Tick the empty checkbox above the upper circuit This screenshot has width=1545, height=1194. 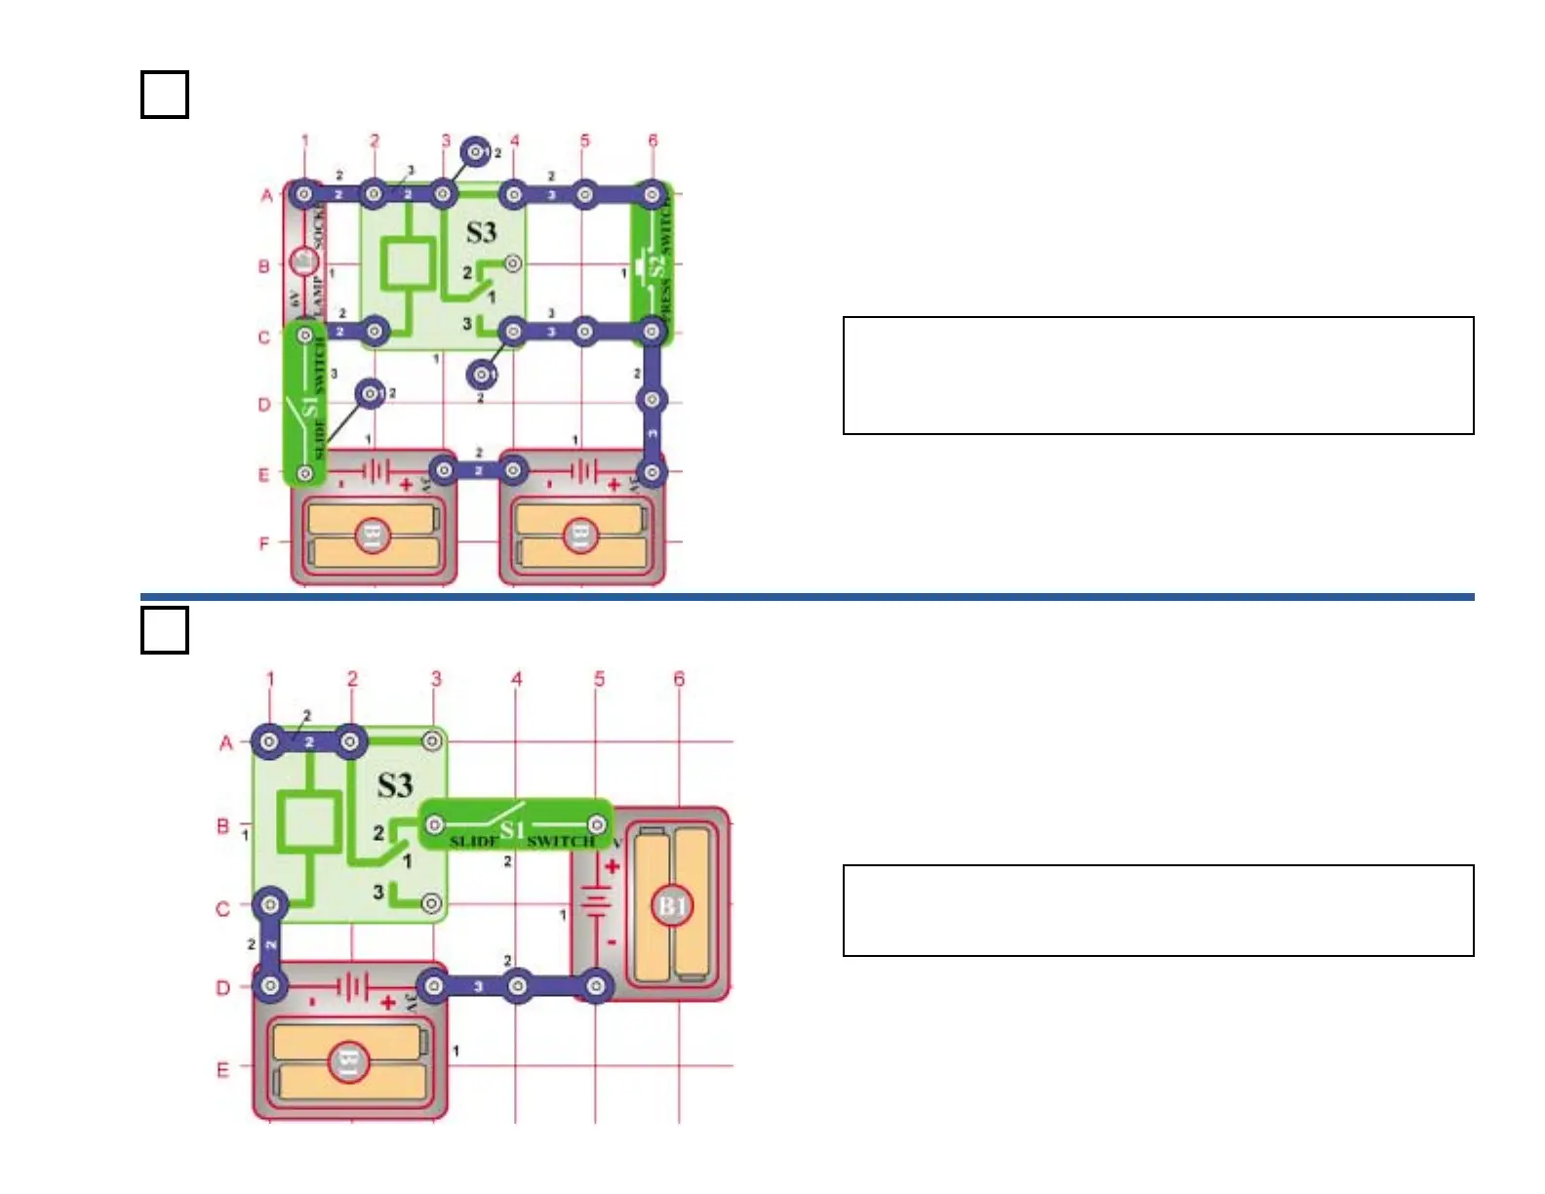(164, 95)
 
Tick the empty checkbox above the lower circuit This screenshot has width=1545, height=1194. (164, 630)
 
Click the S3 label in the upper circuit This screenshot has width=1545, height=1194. (481, 232)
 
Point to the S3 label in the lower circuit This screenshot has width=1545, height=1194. (395, 785)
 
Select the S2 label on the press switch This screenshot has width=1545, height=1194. (656, 264)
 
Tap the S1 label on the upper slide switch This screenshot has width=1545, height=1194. (310, 407)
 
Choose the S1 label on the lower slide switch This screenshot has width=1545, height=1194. (512, 830)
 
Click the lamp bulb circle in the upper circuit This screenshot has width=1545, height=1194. (303, 262)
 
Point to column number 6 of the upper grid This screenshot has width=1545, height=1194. (653, 140)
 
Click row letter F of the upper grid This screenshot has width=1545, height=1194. (264, 543)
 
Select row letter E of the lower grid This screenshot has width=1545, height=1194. (222, 1070)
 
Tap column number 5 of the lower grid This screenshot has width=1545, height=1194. (599, 678)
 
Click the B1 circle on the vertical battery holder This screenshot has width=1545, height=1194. (672, 906)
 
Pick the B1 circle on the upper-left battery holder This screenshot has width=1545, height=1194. (372, 535)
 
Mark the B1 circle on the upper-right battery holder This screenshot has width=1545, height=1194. (579, 535)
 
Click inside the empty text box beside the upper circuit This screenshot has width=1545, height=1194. (1158, 376)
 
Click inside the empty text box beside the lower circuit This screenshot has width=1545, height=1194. (1158, 910)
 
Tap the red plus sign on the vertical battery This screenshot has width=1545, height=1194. (613, 866)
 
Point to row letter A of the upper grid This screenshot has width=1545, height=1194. (266, 196)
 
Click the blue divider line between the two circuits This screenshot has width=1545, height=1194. (807, 596)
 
